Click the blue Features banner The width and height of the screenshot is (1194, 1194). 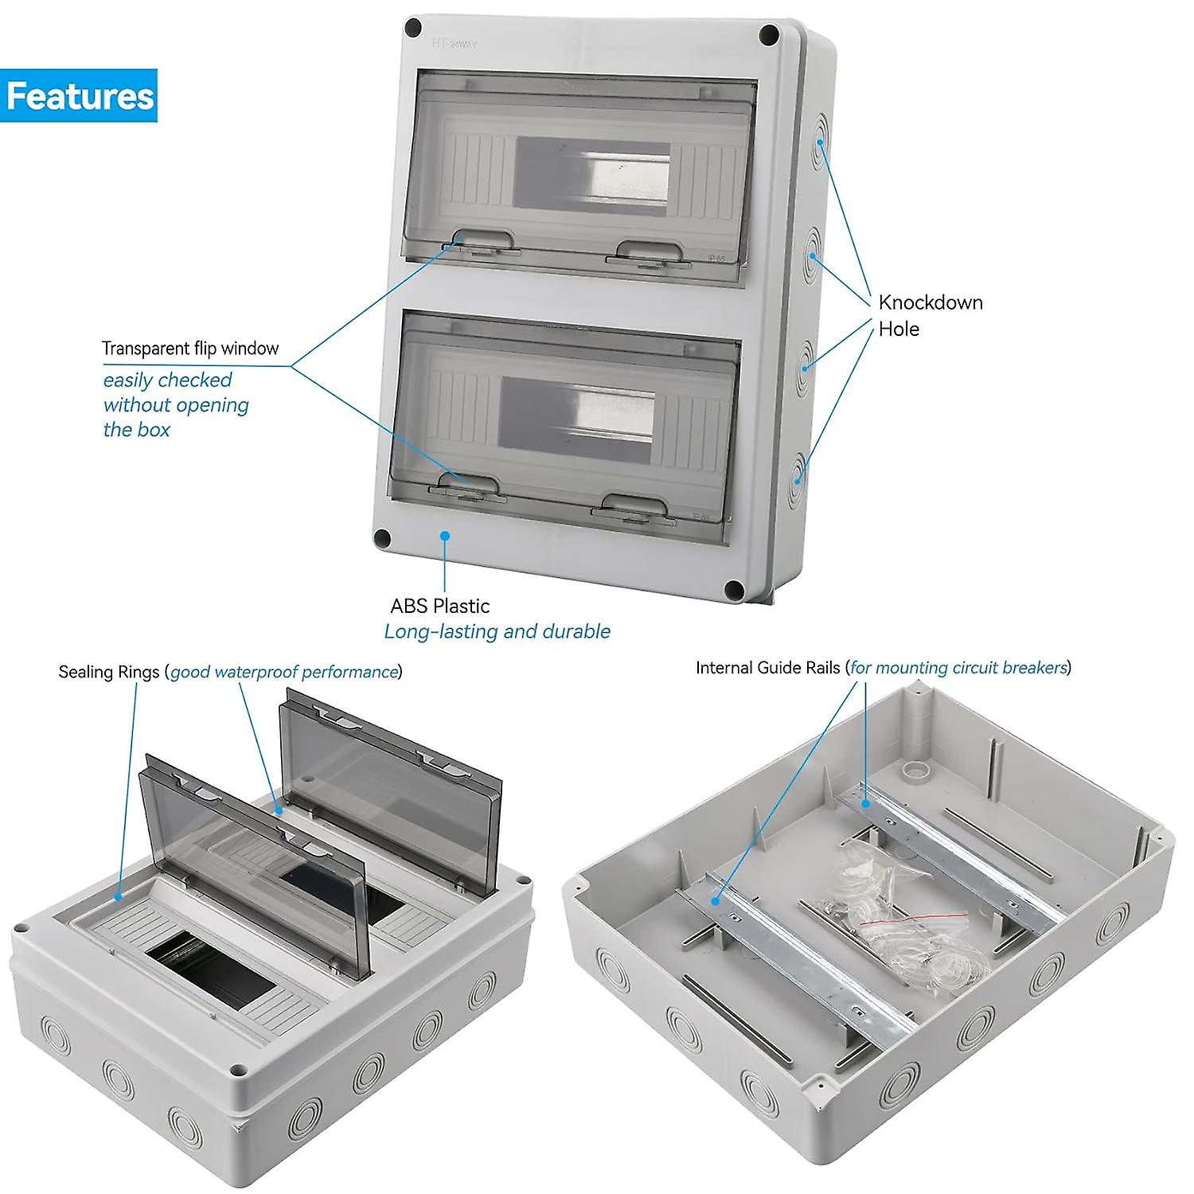pos(79,96)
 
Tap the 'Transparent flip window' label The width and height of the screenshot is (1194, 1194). pos(190,349)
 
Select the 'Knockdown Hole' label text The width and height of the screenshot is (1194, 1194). pos(930,315)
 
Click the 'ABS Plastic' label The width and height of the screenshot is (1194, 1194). pos(439,606)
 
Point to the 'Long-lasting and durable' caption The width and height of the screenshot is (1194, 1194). pos(497,632)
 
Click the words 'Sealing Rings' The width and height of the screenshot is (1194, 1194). pos(108,672)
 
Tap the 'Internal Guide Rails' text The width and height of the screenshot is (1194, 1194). pos(767,668)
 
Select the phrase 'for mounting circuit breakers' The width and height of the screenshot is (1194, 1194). pos(958,668)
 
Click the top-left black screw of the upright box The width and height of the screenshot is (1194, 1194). pos(413,28)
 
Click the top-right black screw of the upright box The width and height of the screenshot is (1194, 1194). pos(769,34)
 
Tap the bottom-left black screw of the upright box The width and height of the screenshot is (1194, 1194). pos(383,538)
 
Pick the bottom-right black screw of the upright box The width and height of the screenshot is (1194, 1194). pos(734,590)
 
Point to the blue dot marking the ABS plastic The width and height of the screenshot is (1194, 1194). pos(445,536)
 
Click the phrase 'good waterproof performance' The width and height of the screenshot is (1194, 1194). pos(284,672)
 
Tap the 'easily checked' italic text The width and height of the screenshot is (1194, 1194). pos(167,380)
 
